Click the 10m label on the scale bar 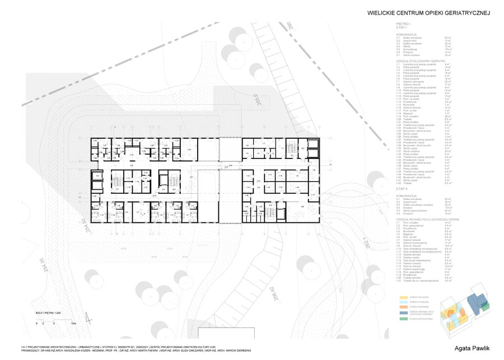tap(73, 324)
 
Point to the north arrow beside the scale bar tap(87, 317)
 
